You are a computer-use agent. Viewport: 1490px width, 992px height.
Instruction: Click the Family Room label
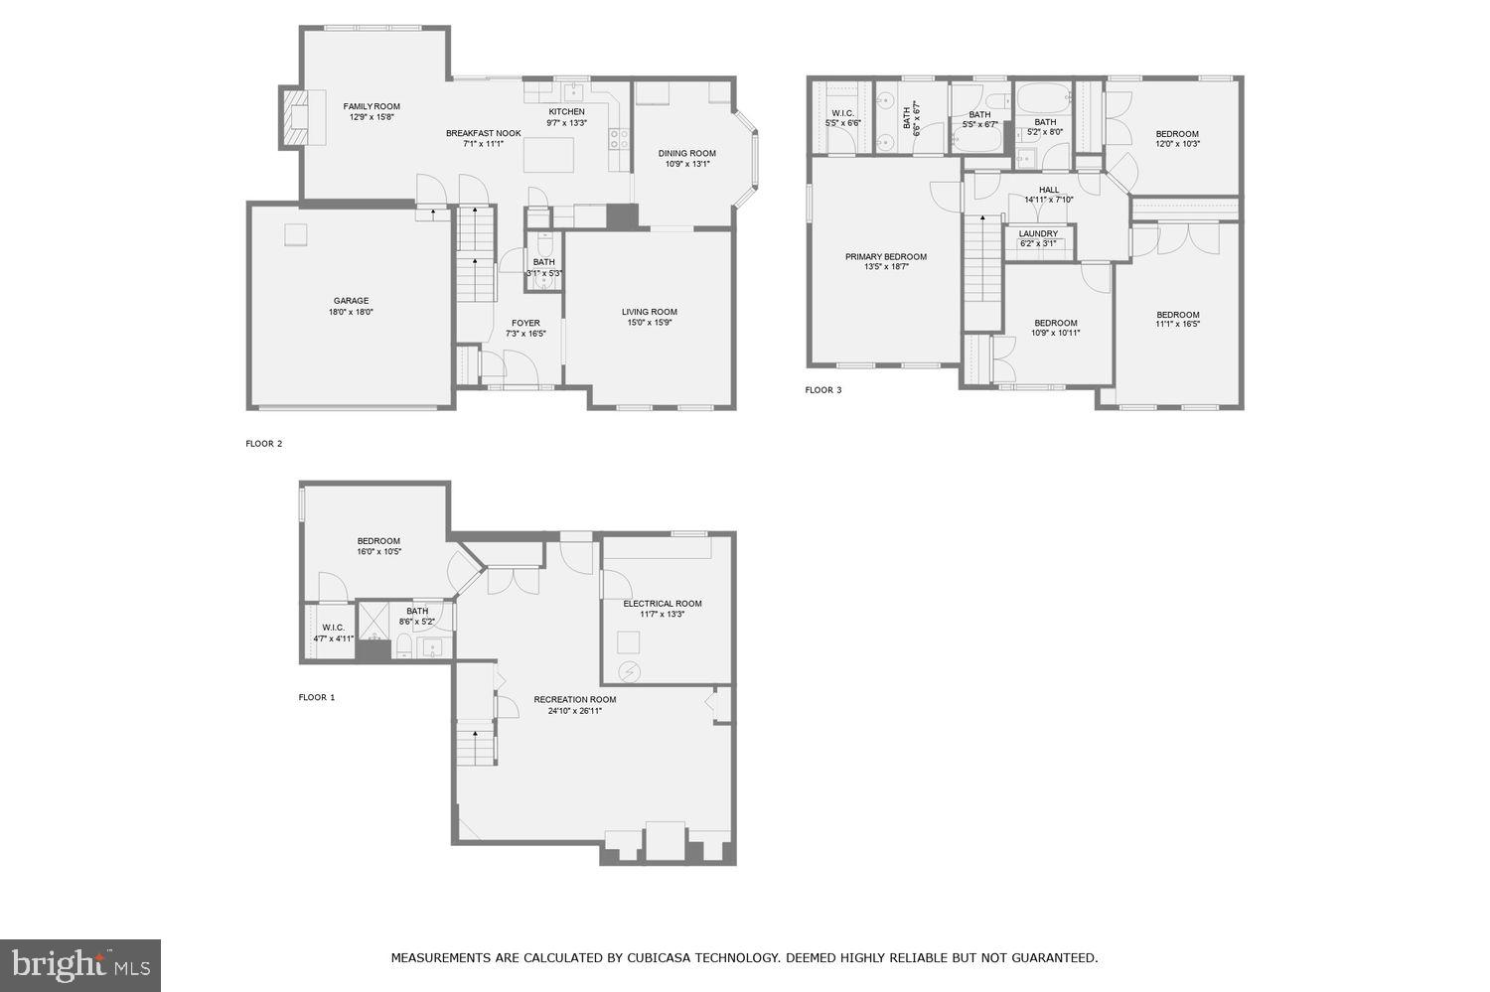coord(372,106)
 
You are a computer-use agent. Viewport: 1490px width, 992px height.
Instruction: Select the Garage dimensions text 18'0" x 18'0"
coord(351,312)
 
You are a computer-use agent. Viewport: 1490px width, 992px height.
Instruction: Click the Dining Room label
coord(686,153)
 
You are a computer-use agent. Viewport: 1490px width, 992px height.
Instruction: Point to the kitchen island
coord(549,155)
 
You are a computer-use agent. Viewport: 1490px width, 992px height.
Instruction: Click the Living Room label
coord(650,312)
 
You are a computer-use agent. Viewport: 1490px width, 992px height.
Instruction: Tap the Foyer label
coord(525,323)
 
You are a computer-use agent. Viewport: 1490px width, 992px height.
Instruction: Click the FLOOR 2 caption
coord(264,444)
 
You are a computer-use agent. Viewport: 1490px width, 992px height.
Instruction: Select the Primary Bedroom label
coord(885,257)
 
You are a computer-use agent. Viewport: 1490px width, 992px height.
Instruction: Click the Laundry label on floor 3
coord(1038,234)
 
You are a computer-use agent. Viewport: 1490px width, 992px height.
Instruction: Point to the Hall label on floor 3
coord(1049,190)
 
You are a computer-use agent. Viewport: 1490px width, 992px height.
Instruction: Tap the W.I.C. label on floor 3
coord(842,113)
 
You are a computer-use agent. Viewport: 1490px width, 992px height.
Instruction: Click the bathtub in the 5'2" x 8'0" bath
coord(1042,99)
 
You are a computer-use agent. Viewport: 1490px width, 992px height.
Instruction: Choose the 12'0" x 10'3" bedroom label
coord(1177,134)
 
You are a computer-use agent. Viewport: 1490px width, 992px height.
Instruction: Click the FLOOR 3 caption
coord(823,390)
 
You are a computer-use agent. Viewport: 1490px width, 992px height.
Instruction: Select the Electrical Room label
coord(662,604)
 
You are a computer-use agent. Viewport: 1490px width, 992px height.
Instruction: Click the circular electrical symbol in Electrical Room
coord(628,672)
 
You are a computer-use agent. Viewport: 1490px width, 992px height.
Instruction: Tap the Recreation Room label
coord(574,699)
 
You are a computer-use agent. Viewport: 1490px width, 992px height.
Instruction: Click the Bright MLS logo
coord(80,965)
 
